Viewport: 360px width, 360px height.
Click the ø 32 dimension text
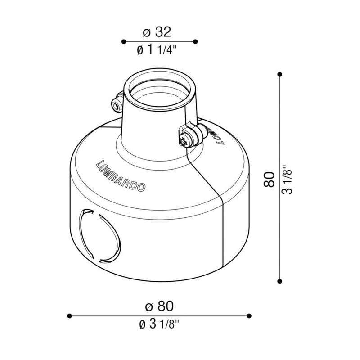(x=157, y=32)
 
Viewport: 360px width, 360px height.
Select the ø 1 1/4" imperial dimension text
(x=157, y=50)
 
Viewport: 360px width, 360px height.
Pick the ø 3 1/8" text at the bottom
(x=159, y=324)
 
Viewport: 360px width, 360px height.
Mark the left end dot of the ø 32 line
(x=123, y=41)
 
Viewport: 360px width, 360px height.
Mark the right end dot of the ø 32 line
(x=195, y=41)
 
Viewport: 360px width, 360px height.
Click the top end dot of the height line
(x=280, y=74)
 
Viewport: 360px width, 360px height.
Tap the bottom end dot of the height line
(x=280, y=281)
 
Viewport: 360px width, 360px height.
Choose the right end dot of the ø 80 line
(x=250, y=315)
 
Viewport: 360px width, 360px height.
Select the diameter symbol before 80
(x=149, y=306)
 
